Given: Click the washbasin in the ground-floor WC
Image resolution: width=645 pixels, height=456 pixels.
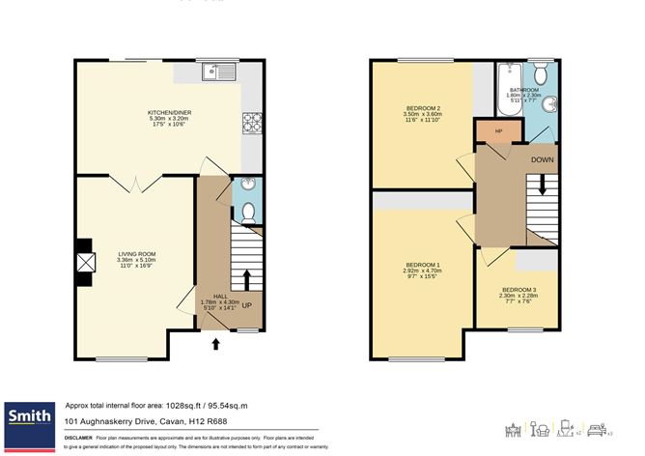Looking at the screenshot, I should pyautogui.click(x=248, y=185).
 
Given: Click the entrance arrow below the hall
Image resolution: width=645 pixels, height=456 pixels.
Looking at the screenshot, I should pyautogui.click(x=215, y=342).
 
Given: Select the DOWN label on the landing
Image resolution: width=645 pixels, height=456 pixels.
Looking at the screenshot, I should pyautogui.click(x=543, y=159).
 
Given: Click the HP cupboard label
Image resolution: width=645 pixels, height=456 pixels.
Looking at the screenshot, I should pyautogui.click(x=498, y=132).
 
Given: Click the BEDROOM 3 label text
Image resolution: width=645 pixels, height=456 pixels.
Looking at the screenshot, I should pyautogui.click(x=518, y=289).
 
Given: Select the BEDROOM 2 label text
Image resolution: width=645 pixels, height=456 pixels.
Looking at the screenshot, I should pyautogui.click(x=422, y=107).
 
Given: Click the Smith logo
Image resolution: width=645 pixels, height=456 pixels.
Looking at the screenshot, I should pyautogui.click(x=29, y=417).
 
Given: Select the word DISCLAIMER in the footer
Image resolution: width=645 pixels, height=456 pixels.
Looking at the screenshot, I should pyautogui.click(x=78, y=438).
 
